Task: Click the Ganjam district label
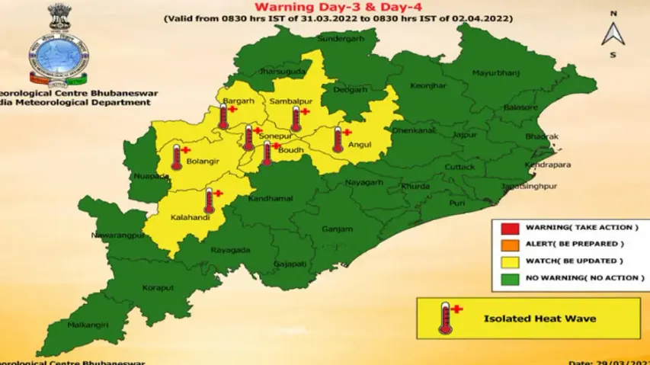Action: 338,229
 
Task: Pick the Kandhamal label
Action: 270,198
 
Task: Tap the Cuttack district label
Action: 459,166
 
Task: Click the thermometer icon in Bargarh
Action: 223,116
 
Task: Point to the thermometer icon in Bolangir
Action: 177,156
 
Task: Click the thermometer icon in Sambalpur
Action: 296,118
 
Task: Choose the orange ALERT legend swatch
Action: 510,245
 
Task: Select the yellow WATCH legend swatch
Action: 510,261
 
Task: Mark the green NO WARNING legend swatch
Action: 510,278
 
